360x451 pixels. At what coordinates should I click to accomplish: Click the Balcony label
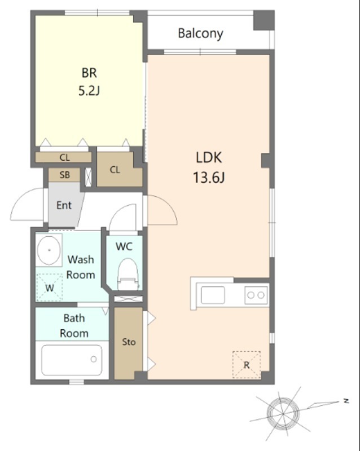[x=200, y=33]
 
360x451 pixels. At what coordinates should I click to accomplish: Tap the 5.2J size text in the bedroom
[x=89, y=91]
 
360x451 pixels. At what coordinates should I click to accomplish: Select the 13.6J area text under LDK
[x=209, y=177]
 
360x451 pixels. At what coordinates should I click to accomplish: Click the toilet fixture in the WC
[x=128, y=274]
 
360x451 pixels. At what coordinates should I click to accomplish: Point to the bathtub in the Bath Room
[x=72, y=360]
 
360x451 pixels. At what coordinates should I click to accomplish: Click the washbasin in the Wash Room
[x=49, y=250]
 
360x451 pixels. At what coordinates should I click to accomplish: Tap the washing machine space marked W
[x=50, y=288]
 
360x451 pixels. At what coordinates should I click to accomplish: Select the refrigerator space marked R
[x=247, y=365]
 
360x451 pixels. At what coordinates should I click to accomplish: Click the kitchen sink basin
[x=213, y=295]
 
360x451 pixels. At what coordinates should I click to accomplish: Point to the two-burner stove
[x=256, y=295]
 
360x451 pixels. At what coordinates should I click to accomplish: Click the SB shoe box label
[x=64, y=175]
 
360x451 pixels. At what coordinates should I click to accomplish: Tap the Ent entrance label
[x=64, y=205]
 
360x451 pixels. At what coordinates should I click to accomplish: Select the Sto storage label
[x=129, y=342]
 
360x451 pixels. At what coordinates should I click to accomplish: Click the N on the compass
[x=346, y=401]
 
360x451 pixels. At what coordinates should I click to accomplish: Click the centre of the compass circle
[x=283, y=413]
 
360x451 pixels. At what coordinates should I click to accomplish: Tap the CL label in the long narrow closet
[x=64, y=158]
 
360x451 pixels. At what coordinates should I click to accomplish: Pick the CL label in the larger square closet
[x=115, y=170]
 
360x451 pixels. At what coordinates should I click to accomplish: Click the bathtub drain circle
[x=94, y=359]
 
